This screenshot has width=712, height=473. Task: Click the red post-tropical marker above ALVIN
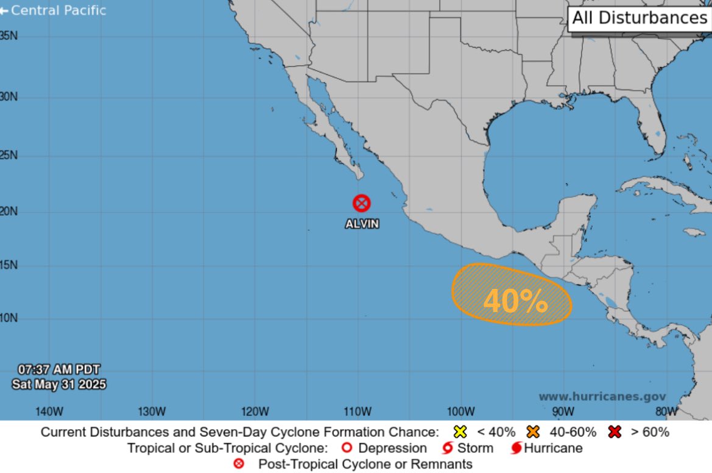362,203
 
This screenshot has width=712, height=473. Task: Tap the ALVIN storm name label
362,224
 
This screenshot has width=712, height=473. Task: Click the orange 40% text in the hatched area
515,301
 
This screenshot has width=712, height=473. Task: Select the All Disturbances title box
639,18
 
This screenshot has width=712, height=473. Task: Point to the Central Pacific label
53,10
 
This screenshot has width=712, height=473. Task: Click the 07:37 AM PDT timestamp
58,369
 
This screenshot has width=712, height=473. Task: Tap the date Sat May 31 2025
59,384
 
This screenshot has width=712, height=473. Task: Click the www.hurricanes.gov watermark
602,396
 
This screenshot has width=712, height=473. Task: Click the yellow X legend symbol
460,432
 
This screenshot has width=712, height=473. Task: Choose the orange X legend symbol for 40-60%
534,432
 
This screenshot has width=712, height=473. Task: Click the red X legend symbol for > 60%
615,432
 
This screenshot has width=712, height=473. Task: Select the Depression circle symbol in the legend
347,448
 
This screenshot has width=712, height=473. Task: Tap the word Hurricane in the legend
553,448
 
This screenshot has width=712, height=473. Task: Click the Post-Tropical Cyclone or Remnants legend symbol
239,464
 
